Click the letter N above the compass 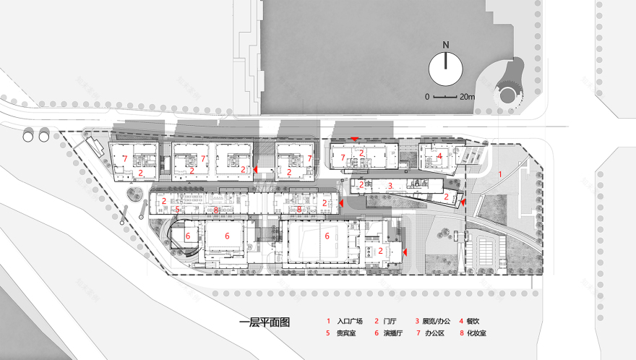pyautogui.click(x=446, y=45)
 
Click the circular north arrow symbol pyautogui.click(x=446, y=69)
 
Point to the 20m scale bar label pyautogui.click(x=466, y=96)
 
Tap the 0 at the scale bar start pyautogui.click(x=426, y=96)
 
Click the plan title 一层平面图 pyautogui.click(x=265, y=322)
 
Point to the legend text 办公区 pyautogui.click(x=437, y=333)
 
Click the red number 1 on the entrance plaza pyautogui.click(x=499, y=174)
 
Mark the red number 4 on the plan pyautogui.click(x=439, y=155)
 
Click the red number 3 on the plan pyautogui.click(x=390, y=186)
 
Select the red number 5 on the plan pyautogui.click(x=177, y=210)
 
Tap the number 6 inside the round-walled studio pyautogui.click(x=188, y=236)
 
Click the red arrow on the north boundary pyautogui.click(x=354, y=138)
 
